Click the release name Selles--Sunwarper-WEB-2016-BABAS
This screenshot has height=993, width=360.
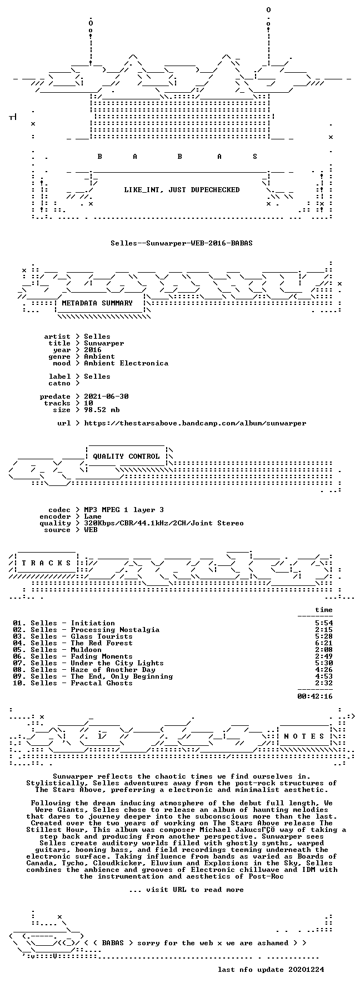coord(182,243)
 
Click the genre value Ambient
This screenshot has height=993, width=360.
coord(99,357)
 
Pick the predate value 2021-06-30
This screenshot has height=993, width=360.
coord(106,397)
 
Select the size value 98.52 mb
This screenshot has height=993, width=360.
coord(102,410)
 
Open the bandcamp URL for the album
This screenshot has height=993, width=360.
coord(195,423)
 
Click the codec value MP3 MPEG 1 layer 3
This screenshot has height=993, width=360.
coord(124,510)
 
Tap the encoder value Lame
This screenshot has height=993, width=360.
coord(93,516)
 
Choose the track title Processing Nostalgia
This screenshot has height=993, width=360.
coord(115,630)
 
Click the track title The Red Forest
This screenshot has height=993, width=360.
coord(102,643)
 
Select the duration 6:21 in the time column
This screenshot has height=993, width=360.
coord(324,643)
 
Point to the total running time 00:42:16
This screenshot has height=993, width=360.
coord(315,696)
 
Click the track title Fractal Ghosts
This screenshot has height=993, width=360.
coord(102,683)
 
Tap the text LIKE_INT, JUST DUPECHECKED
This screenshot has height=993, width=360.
coord(182,190)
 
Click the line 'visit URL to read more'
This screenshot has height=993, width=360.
coord(186,890)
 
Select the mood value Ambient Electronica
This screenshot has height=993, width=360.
coord(126,363)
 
